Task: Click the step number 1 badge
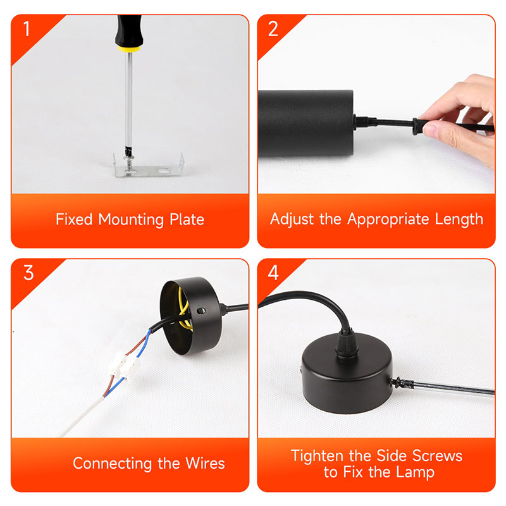pyautogui.click(x=27, y=28)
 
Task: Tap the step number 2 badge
pyautogui.click(x=273, y=28)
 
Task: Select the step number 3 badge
pyautogui.click(x=28, y=273)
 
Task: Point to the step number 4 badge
pyautogui.click(x=273, y=273)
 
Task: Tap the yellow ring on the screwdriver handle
pyautogui.click(x=130, y=49)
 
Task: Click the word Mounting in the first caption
pyautogui.click(x=131, y=219)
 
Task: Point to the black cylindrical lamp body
pyautogui.click(x=305, y=123)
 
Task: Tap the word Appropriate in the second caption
pyautogui.click(x=388, y=219)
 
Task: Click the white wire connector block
pyautogui.click(x=125, y=366)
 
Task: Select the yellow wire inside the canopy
pyautogui.click(x=184, y=310)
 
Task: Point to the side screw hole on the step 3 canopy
pyautogui.click(x=201, y=311)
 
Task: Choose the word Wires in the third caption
pyautogui.click(x=205, y=464)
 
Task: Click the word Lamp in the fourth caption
pyautogui.click(x=415, y=472)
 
